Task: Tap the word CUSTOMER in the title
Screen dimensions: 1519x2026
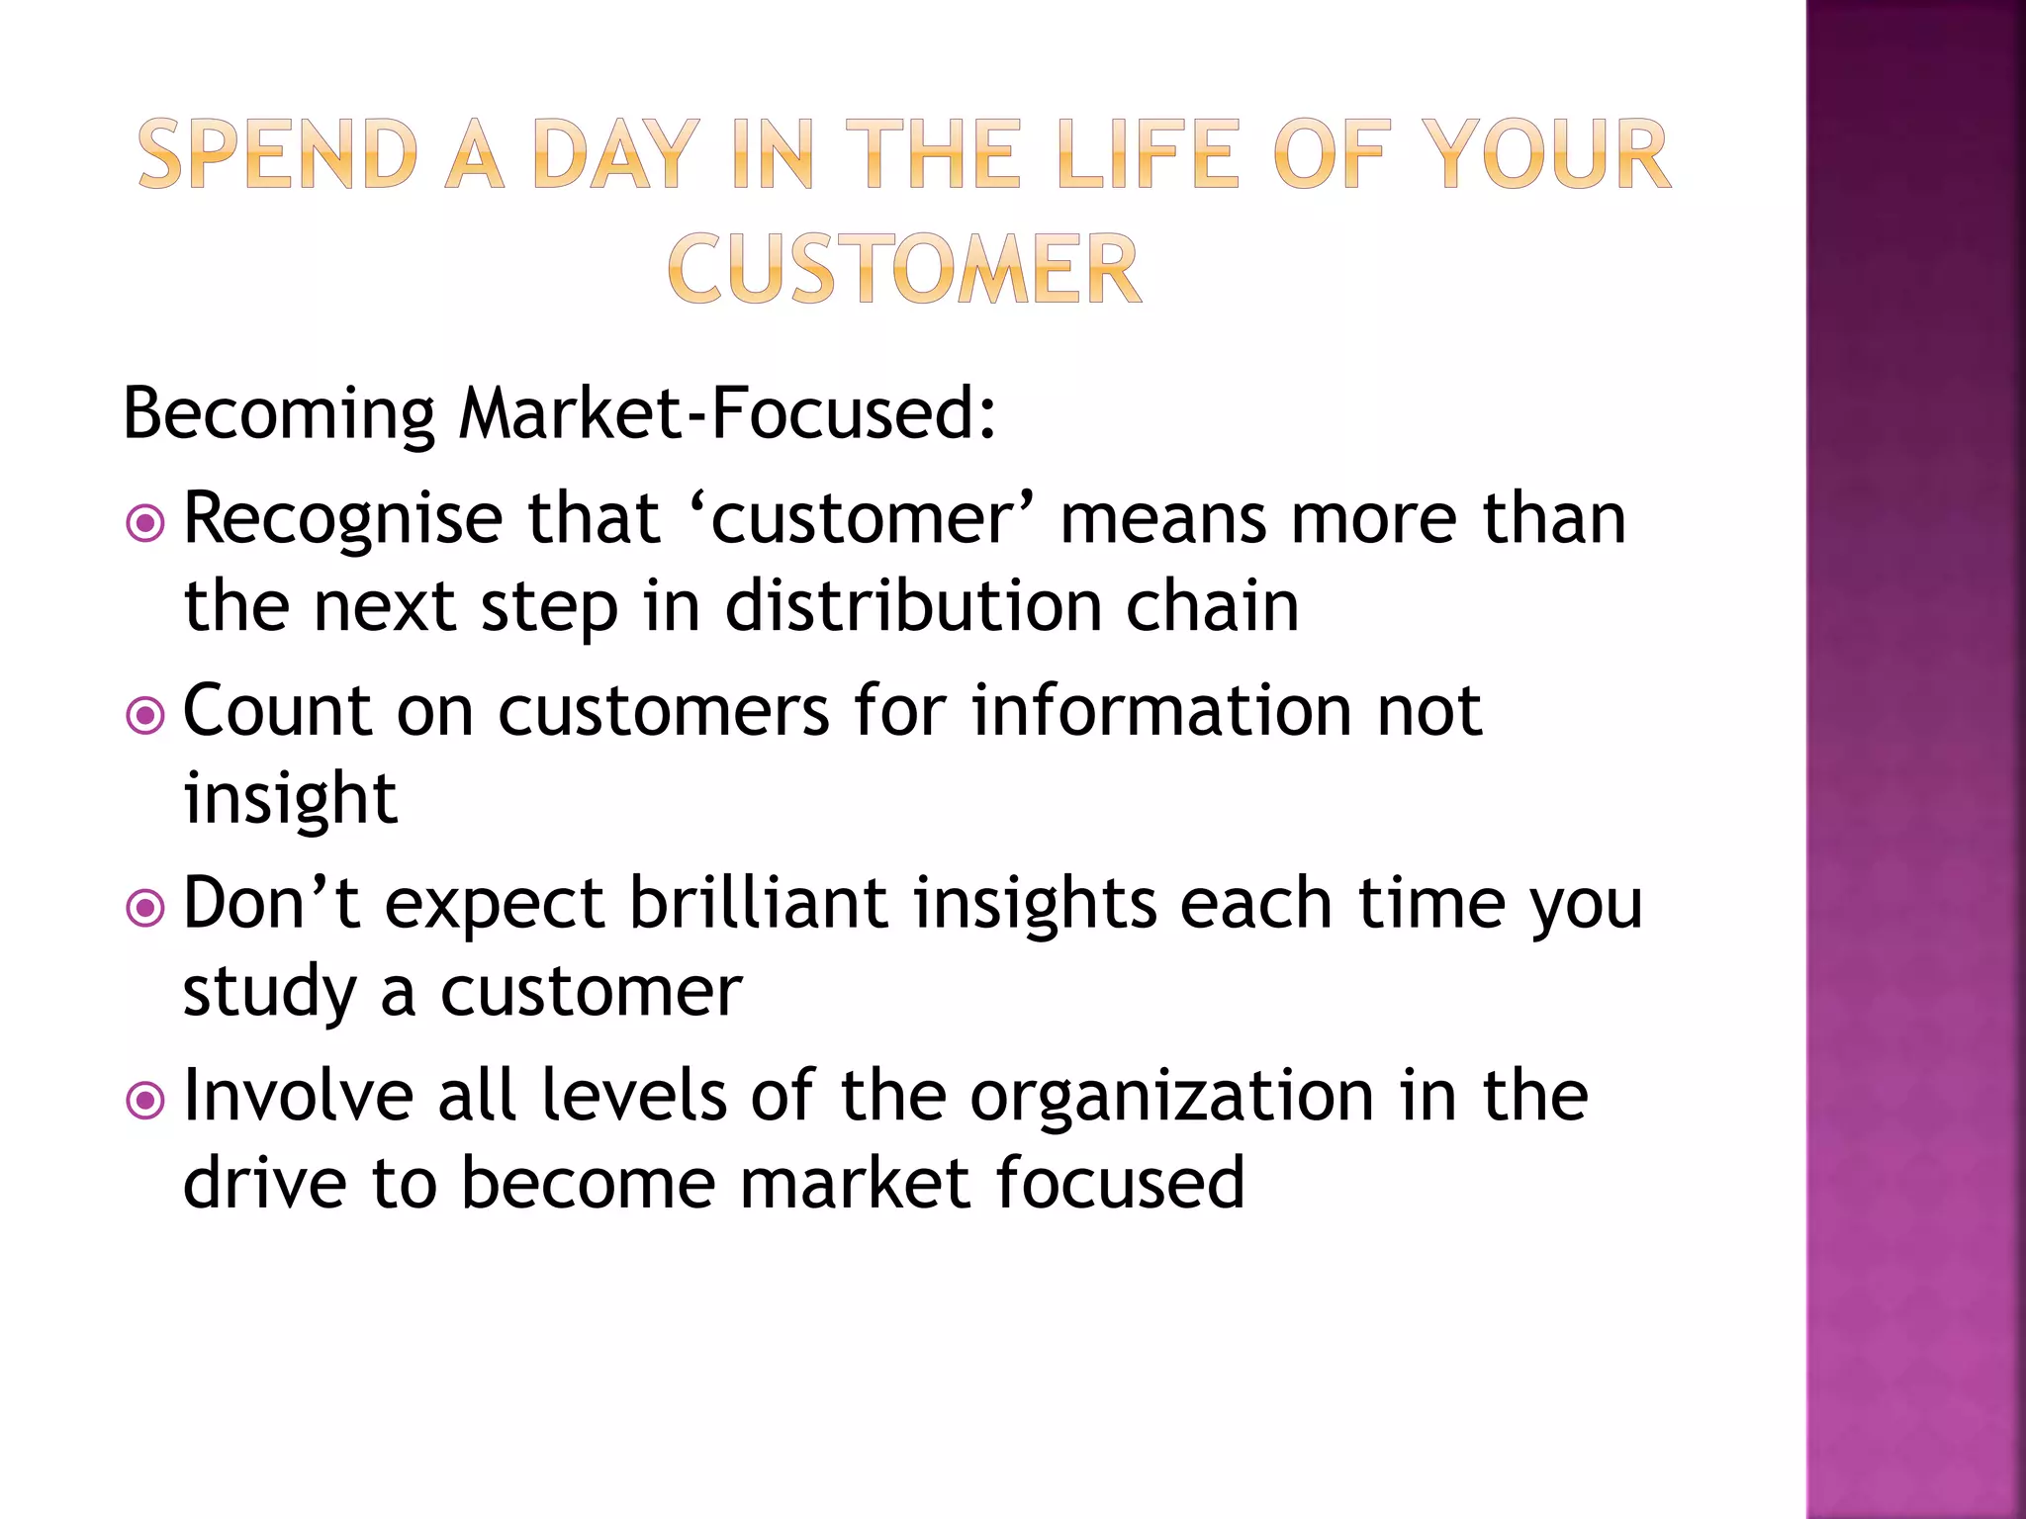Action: pyautogui.click(x=904, y=269)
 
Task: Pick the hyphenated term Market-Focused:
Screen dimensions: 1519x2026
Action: pyautogui.click(x=727, y=413)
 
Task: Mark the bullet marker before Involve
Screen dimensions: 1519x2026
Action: pyautogui.click(x=146, y=1100)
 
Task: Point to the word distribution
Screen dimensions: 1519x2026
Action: pyautogui.click(x=913, y=605)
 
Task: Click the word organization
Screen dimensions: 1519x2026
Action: pyautogui.click(x=1171, y=1096)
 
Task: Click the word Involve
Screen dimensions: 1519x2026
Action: pyautogui.click(x=299, y=1096)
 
